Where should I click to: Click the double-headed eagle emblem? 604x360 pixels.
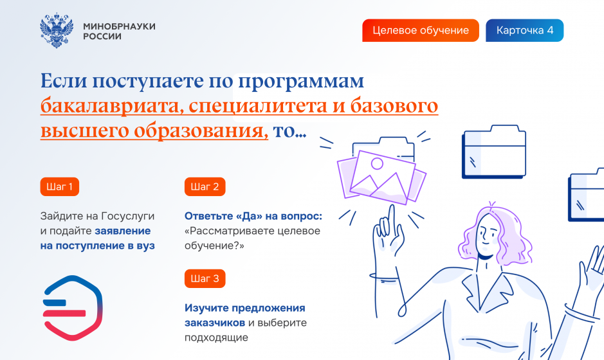(57, 30)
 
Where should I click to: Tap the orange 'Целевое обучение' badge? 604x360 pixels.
(421, 30)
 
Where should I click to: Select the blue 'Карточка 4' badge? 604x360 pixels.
(525, 30)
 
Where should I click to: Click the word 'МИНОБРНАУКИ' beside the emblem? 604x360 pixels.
(120, 26)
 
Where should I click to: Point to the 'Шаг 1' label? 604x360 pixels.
(60, 186)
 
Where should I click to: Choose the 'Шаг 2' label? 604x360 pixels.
(205, 186)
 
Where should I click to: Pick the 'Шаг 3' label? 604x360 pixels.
(205, 278)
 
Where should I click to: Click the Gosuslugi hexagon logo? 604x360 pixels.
(73, 308)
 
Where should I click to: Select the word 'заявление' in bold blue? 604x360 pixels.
(123, 231)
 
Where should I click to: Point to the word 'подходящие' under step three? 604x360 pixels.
(216, 337)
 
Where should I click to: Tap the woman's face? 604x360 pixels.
(488, 235)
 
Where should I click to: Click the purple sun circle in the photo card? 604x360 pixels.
(377, 164)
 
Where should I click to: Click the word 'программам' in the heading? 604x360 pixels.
(301, 82)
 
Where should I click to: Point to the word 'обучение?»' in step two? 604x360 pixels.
(214, 246)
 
